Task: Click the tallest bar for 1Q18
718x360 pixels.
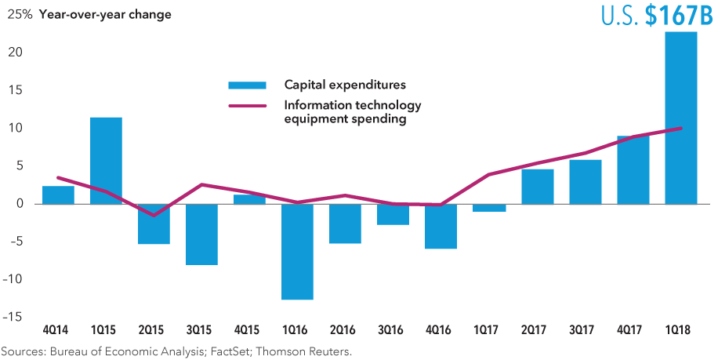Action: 681,118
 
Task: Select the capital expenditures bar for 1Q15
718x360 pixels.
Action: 106,161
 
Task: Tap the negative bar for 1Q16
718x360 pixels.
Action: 298,252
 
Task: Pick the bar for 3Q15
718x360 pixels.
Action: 201,235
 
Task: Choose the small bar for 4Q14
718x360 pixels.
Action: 58,195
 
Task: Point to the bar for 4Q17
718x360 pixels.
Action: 633,170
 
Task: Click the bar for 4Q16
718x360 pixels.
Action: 441,226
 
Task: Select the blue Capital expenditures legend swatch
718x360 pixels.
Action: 247,85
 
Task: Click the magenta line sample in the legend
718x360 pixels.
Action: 247,106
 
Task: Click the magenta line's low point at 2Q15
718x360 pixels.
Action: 154,215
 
